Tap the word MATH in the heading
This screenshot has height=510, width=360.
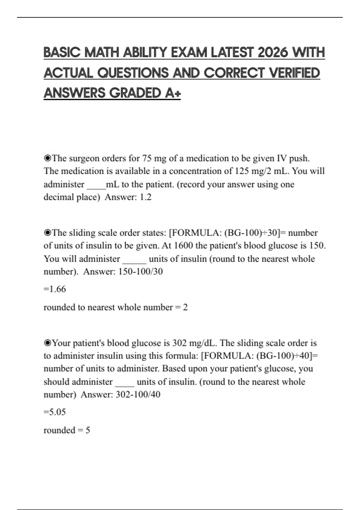[102, 52]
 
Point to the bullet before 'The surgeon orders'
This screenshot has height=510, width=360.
[47, 158]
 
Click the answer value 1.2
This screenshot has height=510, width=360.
[145, 197]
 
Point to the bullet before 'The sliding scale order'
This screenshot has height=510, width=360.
[47, 232]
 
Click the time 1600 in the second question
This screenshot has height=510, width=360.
[183, 246]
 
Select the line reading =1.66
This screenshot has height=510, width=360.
[55, 289]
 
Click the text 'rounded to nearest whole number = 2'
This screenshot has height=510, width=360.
[115, 307]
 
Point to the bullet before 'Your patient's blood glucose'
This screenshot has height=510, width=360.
[47, 343]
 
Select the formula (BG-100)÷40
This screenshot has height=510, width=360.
[283, 356]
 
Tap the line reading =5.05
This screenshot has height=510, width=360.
[55, 412]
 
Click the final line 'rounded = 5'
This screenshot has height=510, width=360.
[67, 430]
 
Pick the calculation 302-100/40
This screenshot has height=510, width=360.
[138, 394]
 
